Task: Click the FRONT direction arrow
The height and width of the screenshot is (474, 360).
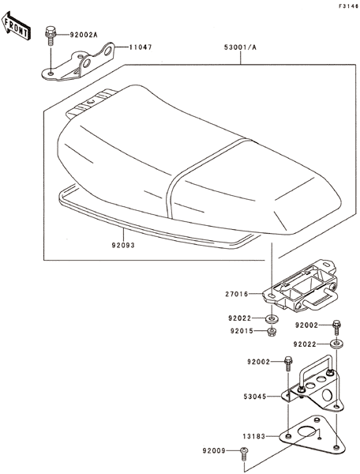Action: (16, 25)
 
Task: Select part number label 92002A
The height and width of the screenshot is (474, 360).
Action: (84, 35)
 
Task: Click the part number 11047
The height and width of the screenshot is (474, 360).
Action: (141, 47)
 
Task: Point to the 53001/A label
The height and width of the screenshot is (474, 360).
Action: (240, 47)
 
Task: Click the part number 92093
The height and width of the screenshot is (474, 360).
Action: (123, 245)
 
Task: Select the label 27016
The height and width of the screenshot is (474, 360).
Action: (237, 294)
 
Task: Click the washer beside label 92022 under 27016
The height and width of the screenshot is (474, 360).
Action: (272, 318)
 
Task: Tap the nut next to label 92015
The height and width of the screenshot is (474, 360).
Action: (272, 332)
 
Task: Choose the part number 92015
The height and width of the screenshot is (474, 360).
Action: (242, 331)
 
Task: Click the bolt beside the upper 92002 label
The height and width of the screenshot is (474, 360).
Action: (336, 327)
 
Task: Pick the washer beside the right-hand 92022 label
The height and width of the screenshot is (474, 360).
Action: (336, 344)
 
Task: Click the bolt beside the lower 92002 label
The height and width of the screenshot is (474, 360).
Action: (288, 364)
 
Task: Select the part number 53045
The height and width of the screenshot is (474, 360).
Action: (255, 397)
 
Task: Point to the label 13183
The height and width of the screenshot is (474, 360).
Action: (254, 436)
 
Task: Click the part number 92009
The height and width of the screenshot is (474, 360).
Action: (214, 451)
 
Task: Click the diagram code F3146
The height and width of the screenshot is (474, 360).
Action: (348, 6)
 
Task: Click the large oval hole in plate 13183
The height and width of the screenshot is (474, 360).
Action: (306, 431)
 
